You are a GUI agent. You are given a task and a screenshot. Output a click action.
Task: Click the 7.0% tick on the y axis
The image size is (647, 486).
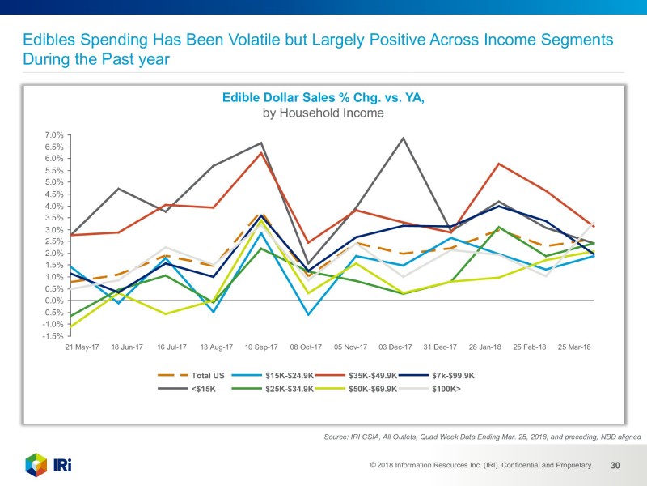point(53,135)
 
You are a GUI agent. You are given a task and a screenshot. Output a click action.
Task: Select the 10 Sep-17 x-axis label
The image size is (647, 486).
point(261,347)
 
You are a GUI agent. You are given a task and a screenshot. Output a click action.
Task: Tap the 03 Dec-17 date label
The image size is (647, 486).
point(395,347)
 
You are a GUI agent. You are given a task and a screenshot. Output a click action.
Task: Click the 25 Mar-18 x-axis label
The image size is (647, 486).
point(573,347)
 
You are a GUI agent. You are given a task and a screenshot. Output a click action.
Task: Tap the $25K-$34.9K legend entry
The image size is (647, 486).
point(275,389)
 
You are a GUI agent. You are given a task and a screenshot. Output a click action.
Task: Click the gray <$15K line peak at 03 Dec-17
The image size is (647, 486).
point(403,138)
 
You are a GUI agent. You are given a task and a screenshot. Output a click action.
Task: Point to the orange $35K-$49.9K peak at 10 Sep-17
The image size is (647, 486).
point(261,152)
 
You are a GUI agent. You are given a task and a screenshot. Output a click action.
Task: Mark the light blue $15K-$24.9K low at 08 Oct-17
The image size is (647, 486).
point(308,314)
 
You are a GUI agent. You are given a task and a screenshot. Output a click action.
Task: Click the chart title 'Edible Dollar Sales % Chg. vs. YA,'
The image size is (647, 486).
point(323,98)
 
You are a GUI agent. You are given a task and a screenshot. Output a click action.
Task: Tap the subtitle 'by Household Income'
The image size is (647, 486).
point(323,113)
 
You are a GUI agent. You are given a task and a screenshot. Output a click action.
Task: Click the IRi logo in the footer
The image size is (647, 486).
point(49,466)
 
